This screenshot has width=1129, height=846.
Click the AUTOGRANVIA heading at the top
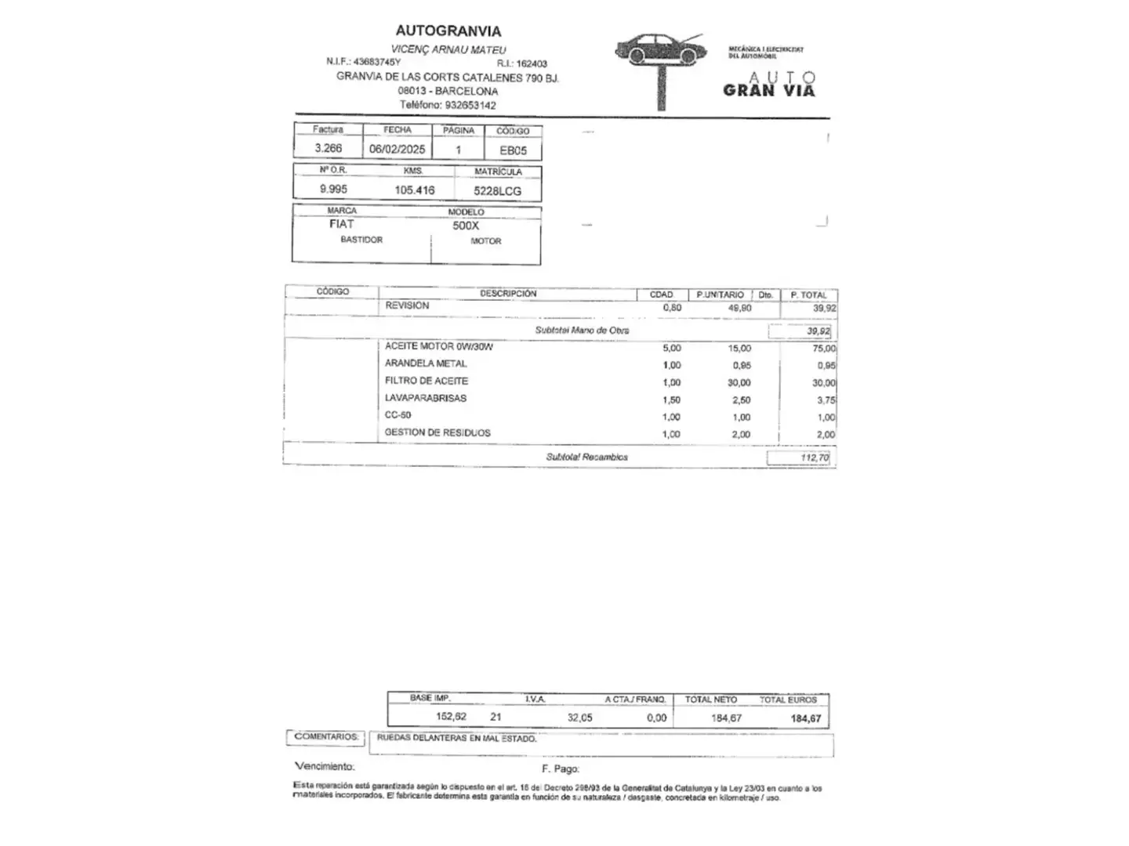448,31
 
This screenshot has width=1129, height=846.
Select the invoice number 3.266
328,148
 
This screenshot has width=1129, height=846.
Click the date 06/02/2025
398,149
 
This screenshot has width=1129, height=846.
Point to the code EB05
514,150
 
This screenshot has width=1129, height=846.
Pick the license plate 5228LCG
497,191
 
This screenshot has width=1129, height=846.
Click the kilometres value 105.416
414,190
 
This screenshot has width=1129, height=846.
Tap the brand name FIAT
342,224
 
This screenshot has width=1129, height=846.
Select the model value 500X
465,226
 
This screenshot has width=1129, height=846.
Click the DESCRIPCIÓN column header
508,294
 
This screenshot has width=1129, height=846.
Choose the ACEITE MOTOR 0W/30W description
438,346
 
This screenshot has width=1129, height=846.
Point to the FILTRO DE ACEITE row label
426,381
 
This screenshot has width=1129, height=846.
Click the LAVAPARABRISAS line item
425,398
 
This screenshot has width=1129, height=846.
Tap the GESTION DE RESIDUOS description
437,432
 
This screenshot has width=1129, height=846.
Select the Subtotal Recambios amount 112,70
815,458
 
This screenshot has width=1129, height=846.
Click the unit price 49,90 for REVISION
739,308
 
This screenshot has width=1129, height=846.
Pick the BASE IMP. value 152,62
451,717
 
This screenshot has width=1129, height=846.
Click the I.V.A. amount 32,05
580,718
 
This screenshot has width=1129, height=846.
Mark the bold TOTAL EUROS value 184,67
806,718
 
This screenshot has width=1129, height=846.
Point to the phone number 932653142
470,105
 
